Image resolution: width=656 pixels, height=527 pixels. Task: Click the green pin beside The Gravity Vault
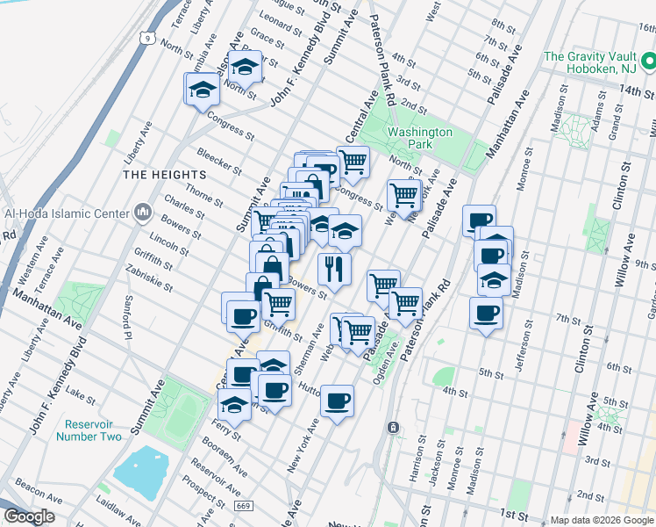648,61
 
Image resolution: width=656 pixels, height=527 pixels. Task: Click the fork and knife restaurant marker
334,265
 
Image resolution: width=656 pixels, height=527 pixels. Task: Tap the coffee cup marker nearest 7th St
486,312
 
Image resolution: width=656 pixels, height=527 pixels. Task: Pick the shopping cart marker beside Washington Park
403,195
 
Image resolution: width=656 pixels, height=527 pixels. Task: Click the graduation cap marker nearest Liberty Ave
203,90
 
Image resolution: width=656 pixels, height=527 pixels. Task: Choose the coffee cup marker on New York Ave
337,401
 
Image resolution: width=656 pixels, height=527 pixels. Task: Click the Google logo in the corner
29,516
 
